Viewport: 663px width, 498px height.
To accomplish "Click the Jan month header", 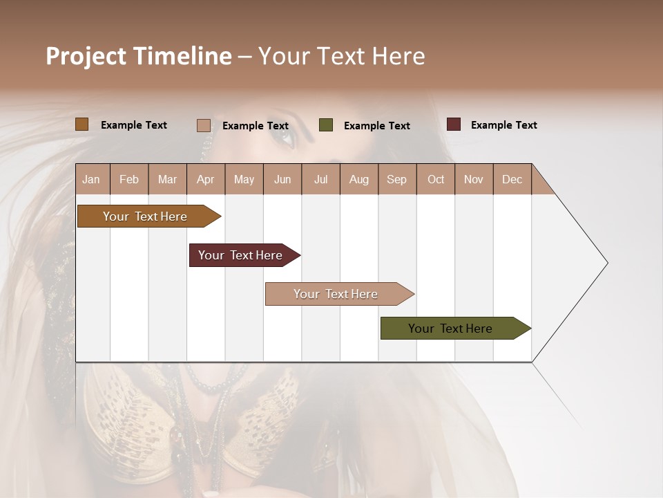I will pos(91,179).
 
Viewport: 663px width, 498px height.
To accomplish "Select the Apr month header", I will pos(205,179).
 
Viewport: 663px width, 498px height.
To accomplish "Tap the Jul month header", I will pos(320,179).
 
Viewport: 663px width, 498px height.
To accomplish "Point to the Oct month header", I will pos(436,179).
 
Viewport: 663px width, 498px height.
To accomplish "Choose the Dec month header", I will pos(512,179).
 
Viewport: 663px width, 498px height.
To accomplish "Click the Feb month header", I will pos(129,179).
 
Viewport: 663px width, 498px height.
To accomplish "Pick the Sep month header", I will pos(396,179).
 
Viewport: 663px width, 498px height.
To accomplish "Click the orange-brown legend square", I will pos(82,124).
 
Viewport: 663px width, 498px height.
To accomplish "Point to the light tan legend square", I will pos(204,125).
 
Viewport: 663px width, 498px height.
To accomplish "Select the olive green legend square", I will pos(326,125).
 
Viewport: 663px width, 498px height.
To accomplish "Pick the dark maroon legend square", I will pos(454,124).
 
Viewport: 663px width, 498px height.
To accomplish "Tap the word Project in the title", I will pos(84,56).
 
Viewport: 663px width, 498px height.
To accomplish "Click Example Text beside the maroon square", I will pos(503,124).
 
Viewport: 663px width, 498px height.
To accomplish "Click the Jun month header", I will pos(282,179).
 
